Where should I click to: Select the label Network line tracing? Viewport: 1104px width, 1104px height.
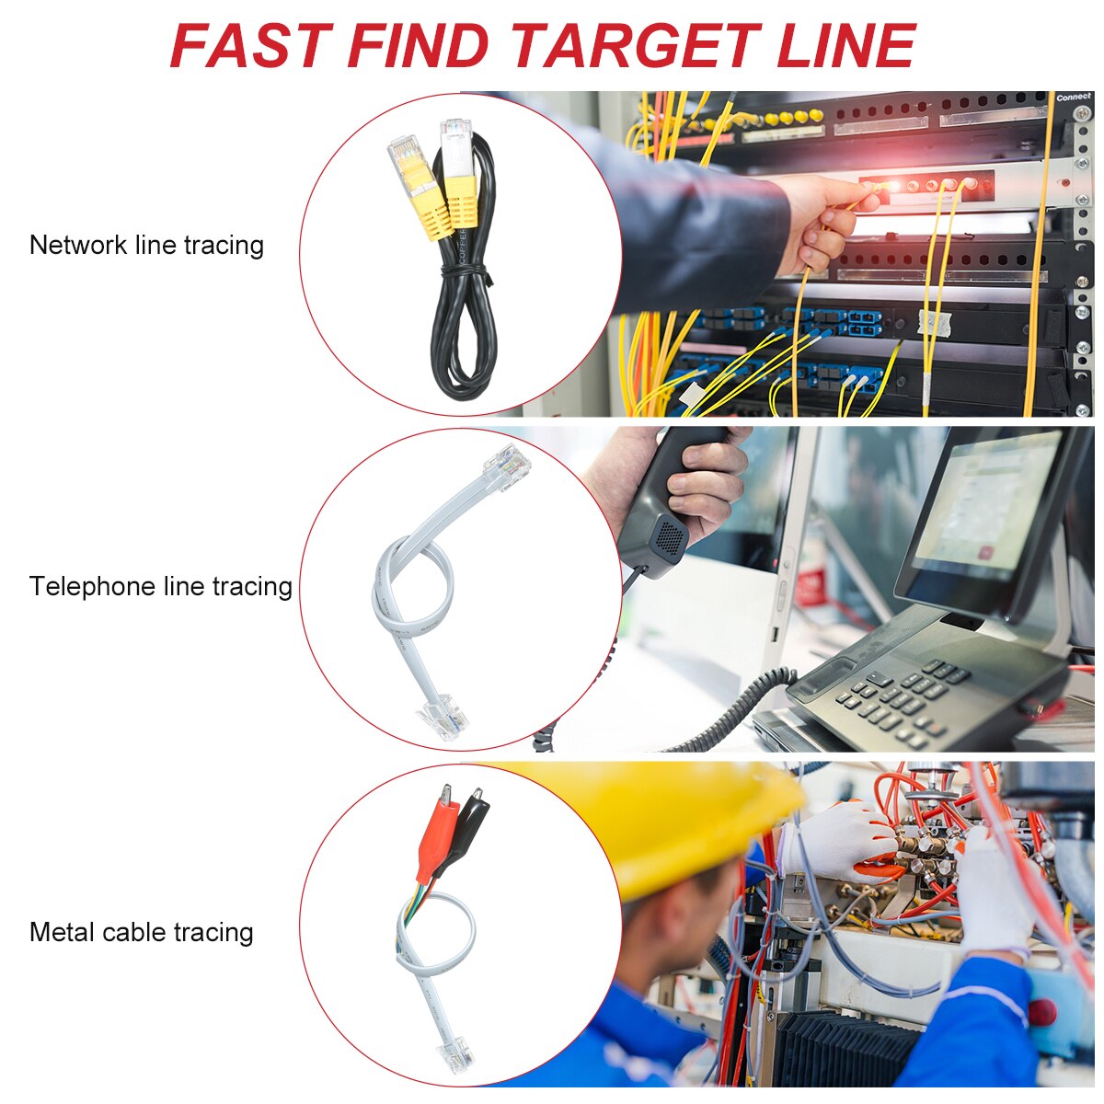pyautogui.click(x=146, y=246)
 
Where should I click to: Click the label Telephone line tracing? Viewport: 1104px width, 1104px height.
pyautogui.click(x=160, y=586)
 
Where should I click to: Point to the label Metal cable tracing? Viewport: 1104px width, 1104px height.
pyautogui.click(x=141, y=932)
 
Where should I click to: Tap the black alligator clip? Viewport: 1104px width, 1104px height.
pyautogui.click(x=470, y=823)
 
